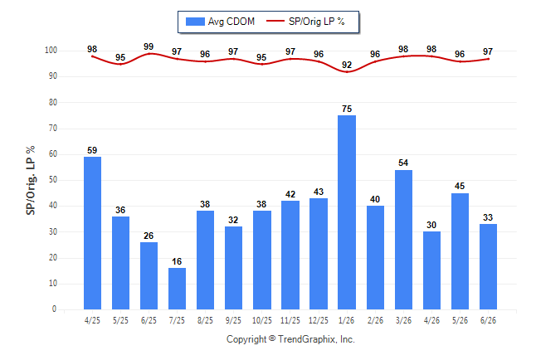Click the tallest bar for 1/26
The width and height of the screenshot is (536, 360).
click(347, 212)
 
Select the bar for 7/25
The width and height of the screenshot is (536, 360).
click(177, 289)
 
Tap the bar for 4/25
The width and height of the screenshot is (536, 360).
click(92, 233)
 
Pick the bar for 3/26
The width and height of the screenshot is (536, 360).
click(403, 240)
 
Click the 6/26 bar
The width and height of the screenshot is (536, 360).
click(488, 266)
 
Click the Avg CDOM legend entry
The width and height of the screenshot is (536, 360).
click(220, 22)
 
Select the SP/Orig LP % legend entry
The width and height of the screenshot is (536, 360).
click(305, 22)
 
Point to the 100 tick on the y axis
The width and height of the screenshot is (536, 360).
click(51, 51)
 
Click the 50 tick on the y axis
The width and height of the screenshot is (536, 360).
click(52, 180)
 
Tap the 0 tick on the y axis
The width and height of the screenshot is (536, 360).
click(54, 309)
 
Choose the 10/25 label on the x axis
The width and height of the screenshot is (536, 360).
click(262, 320)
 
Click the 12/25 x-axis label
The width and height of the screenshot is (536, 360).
click(319, 320)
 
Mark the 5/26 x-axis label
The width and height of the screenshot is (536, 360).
click(460, 320)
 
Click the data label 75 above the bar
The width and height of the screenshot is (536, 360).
click(347, 109)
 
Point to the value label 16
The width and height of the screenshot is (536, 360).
click(177, 261)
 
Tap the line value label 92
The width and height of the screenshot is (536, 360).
click(347, 65)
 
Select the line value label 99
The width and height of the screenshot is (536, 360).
click(149, 46)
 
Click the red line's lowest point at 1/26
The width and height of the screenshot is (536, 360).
click(347, 72)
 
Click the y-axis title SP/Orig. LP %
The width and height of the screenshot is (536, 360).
click(31, 180)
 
